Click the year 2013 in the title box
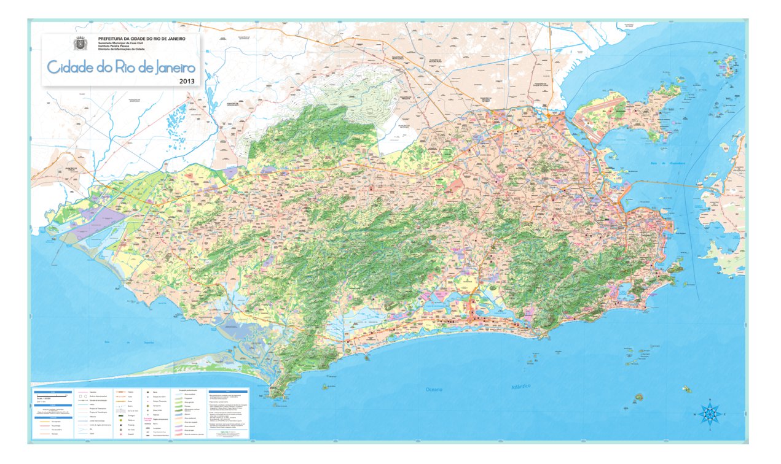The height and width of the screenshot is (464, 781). click(186, 80)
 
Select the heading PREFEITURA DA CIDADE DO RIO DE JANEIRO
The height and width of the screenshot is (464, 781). click(137, 39)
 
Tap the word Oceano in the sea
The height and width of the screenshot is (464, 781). click(438, 389)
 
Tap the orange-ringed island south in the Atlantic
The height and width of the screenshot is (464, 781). click(638, 398)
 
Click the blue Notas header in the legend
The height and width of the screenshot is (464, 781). click(227, 390)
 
